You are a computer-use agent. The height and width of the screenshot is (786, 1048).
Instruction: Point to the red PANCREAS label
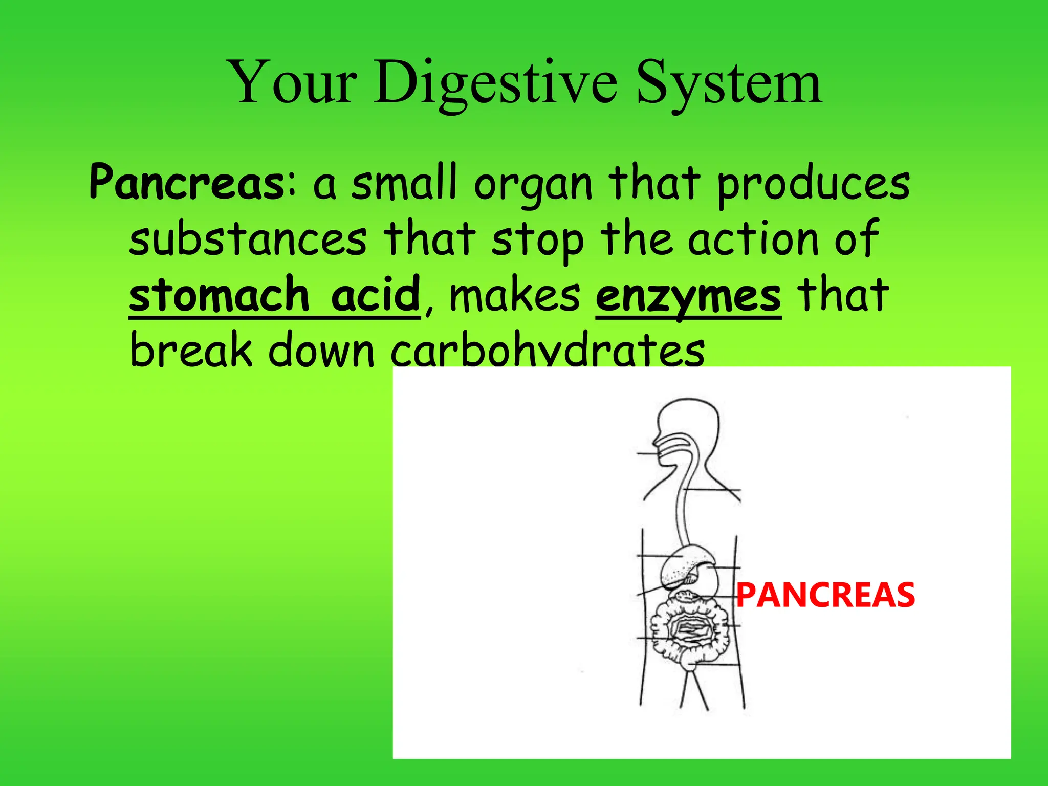(825, 595)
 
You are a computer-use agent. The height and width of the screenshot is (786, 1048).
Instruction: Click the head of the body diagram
(688, 425)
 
